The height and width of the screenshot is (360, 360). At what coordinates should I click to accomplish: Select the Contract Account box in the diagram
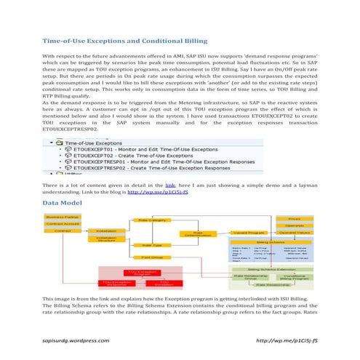63,224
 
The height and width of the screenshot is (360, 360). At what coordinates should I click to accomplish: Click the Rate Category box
153,220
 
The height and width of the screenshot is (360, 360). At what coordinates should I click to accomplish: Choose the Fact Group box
152,257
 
